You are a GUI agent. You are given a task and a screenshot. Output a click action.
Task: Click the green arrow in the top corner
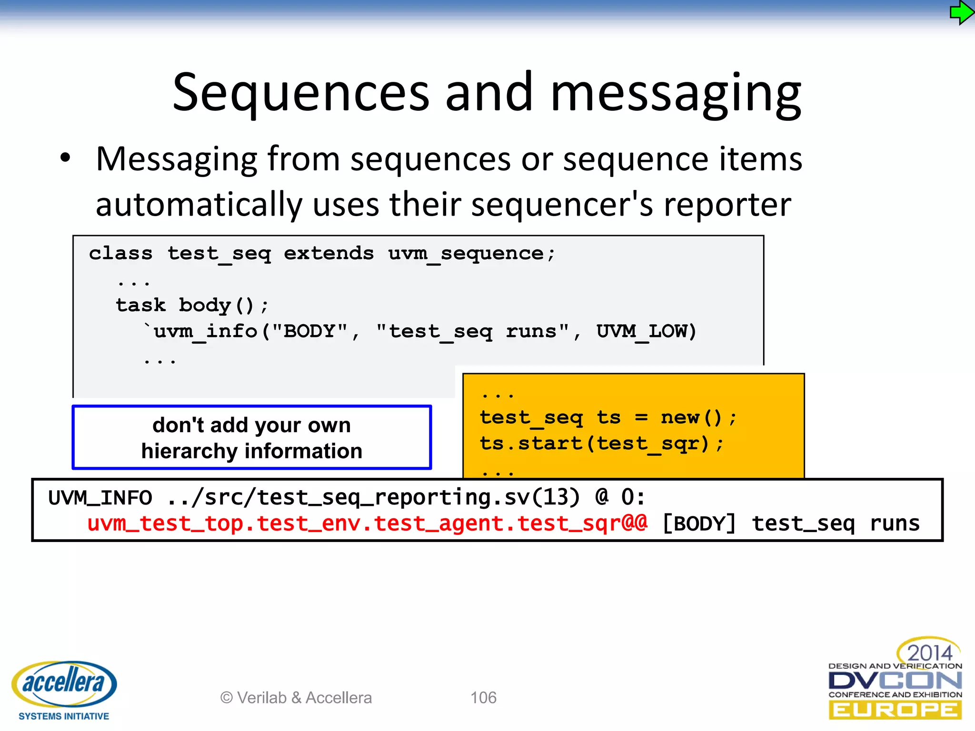point(961,13)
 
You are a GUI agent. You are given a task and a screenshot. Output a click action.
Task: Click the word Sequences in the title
point(301,93)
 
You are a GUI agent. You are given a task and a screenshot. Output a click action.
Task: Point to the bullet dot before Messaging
point(65,158)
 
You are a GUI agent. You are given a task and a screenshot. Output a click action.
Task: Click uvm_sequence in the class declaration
point(466,253)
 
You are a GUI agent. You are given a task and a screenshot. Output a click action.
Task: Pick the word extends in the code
point(328,253)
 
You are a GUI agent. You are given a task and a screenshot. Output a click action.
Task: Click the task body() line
point(192,305)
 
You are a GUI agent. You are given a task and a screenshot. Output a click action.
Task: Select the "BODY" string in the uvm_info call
point(309,331)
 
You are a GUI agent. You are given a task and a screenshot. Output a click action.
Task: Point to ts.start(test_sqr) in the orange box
point(601,444)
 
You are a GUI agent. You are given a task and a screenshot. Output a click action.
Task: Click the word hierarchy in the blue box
point(189,451)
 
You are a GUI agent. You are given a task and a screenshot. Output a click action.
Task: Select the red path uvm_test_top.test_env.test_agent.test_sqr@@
point(367,524)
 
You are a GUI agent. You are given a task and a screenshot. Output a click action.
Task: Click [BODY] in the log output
point(699,524)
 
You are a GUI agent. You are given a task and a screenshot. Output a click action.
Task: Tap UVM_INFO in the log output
point(100,498)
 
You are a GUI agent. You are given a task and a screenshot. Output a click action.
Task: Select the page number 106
point(483,698)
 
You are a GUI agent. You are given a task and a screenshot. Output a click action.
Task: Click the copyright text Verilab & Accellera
point(296,698)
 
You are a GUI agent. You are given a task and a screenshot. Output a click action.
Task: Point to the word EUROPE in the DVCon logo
point(895,711)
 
